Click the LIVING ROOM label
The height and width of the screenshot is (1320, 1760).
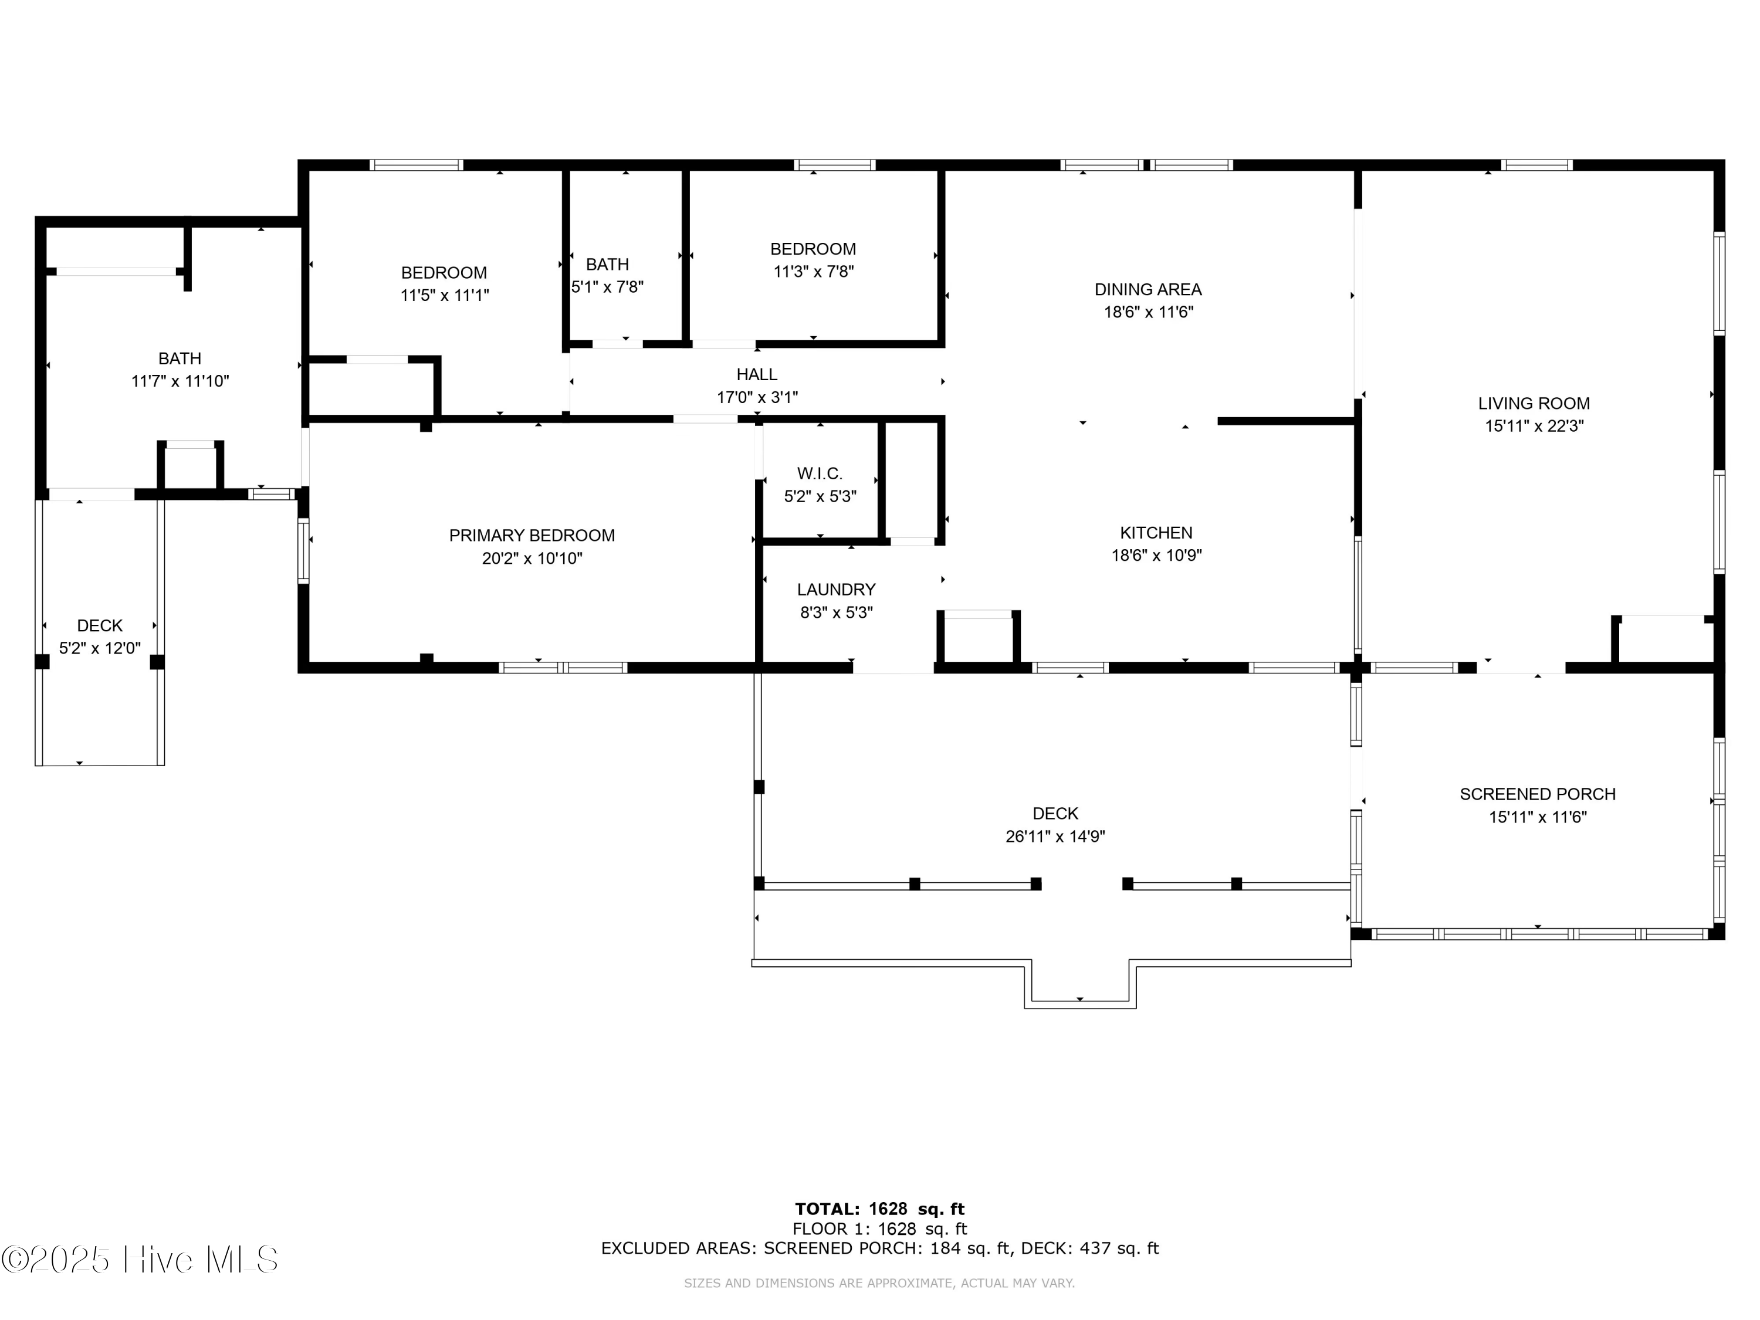coord(1534,404)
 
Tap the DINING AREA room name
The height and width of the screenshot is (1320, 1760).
coord(1148,290)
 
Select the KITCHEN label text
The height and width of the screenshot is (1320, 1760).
coord(1156,533)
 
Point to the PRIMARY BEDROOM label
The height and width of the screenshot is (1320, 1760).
coord(532,536)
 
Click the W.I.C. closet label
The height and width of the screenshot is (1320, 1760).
coord(820,474)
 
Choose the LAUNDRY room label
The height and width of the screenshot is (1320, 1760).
coord(836,590)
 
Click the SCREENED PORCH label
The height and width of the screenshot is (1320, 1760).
coord(1537,794)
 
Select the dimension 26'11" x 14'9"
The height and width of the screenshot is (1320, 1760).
coord(1055,836)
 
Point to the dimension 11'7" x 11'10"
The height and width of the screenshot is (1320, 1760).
coord(180,381)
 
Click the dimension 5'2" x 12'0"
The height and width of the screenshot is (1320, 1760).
coord(100,648)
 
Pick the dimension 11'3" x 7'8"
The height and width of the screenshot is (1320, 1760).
coord(813,271)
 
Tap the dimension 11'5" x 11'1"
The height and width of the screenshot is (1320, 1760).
coord(444,295)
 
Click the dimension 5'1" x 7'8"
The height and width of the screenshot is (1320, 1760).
coord(607,286)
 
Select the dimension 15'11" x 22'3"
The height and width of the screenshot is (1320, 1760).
coord(1534,426)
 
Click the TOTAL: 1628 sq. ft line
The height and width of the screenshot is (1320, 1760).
coord(880,1209)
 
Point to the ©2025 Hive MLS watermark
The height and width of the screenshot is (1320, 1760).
coord(140,1260)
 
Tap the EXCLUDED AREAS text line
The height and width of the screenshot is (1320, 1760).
coord(880,1248)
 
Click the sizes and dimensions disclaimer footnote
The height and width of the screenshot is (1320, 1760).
coord(879,1282)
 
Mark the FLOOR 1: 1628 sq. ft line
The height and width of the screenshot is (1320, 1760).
coord(880,1229)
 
